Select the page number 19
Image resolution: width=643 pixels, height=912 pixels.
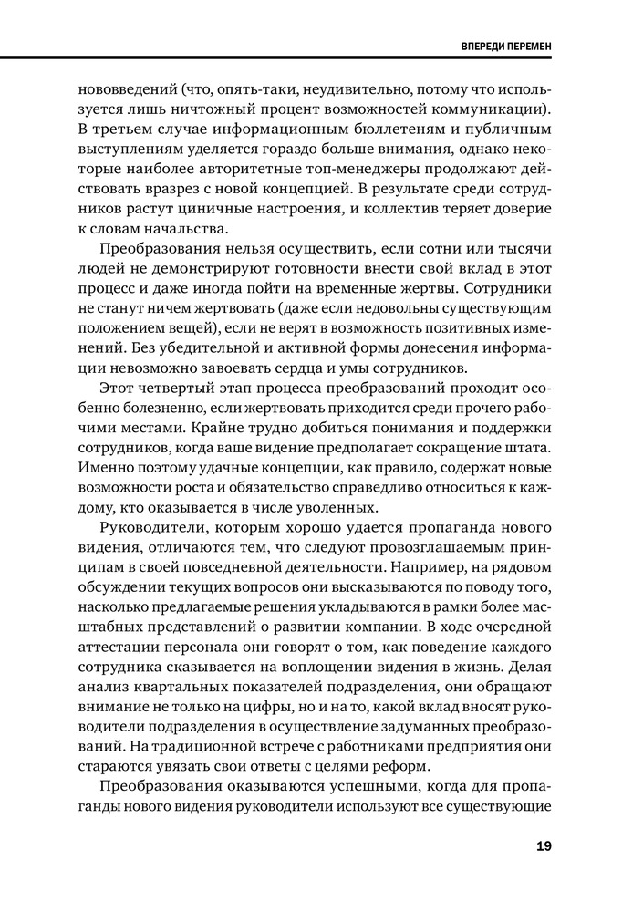tap(543, 846)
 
